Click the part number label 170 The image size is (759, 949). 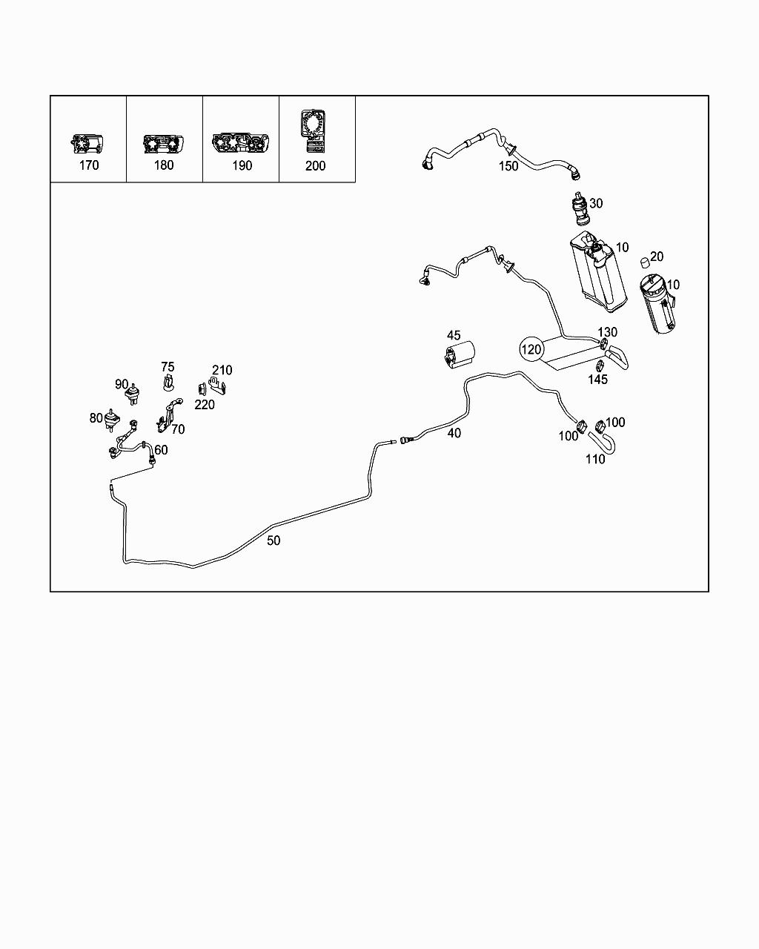tap(88, 165)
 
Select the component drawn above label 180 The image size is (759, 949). tap(163, 143)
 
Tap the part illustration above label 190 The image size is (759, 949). tap(241, 143)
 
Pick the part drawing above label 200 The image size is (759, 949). tap(316, 128)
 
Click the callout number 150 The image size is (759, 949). tap(508, 166)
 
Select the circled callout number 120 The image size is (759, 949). tap(532, 348)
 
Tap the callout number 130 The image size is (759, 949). tap(607, 332)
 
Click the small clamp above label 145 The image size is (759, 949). tap(597, 364)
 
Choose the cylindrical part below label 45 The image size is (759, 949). tap(460, 354)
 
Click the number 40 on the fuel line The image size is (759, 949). tap(454, 433)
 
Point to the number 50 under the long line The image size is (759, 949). tap(274, 540)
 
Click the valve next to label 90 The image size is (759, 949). tap(135, 393)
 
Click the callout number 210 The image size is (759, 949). tap(222, 370)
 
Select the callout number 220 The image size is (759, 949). tap(205, 404)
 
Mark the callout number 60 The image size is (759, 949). tap(161, 449)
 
